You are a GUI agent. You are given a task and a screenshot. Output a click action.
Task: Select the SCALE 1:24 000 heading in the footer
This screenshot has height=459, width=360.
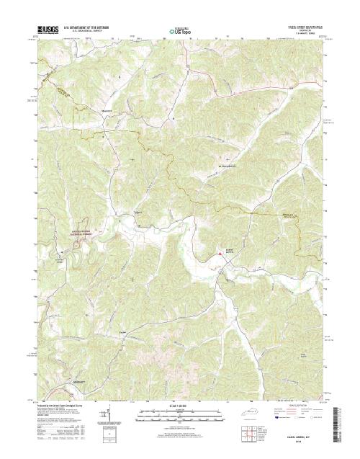pyautogui.click(x=180, y=406)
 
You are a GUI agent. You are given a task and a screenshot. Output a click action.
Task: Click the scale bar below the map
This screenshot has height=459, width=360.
pyautogui.click(x=180, y=414)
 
